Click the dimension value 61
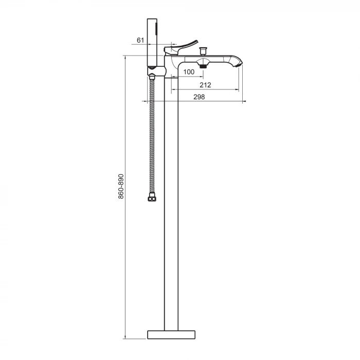140,40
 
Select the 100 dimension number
189,72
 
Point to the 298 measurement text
200,97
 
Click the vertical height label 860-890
121,186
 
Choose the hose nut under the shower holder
152,77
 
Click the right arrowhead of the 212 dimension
238,89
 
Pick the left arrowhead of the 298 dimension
142,101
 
